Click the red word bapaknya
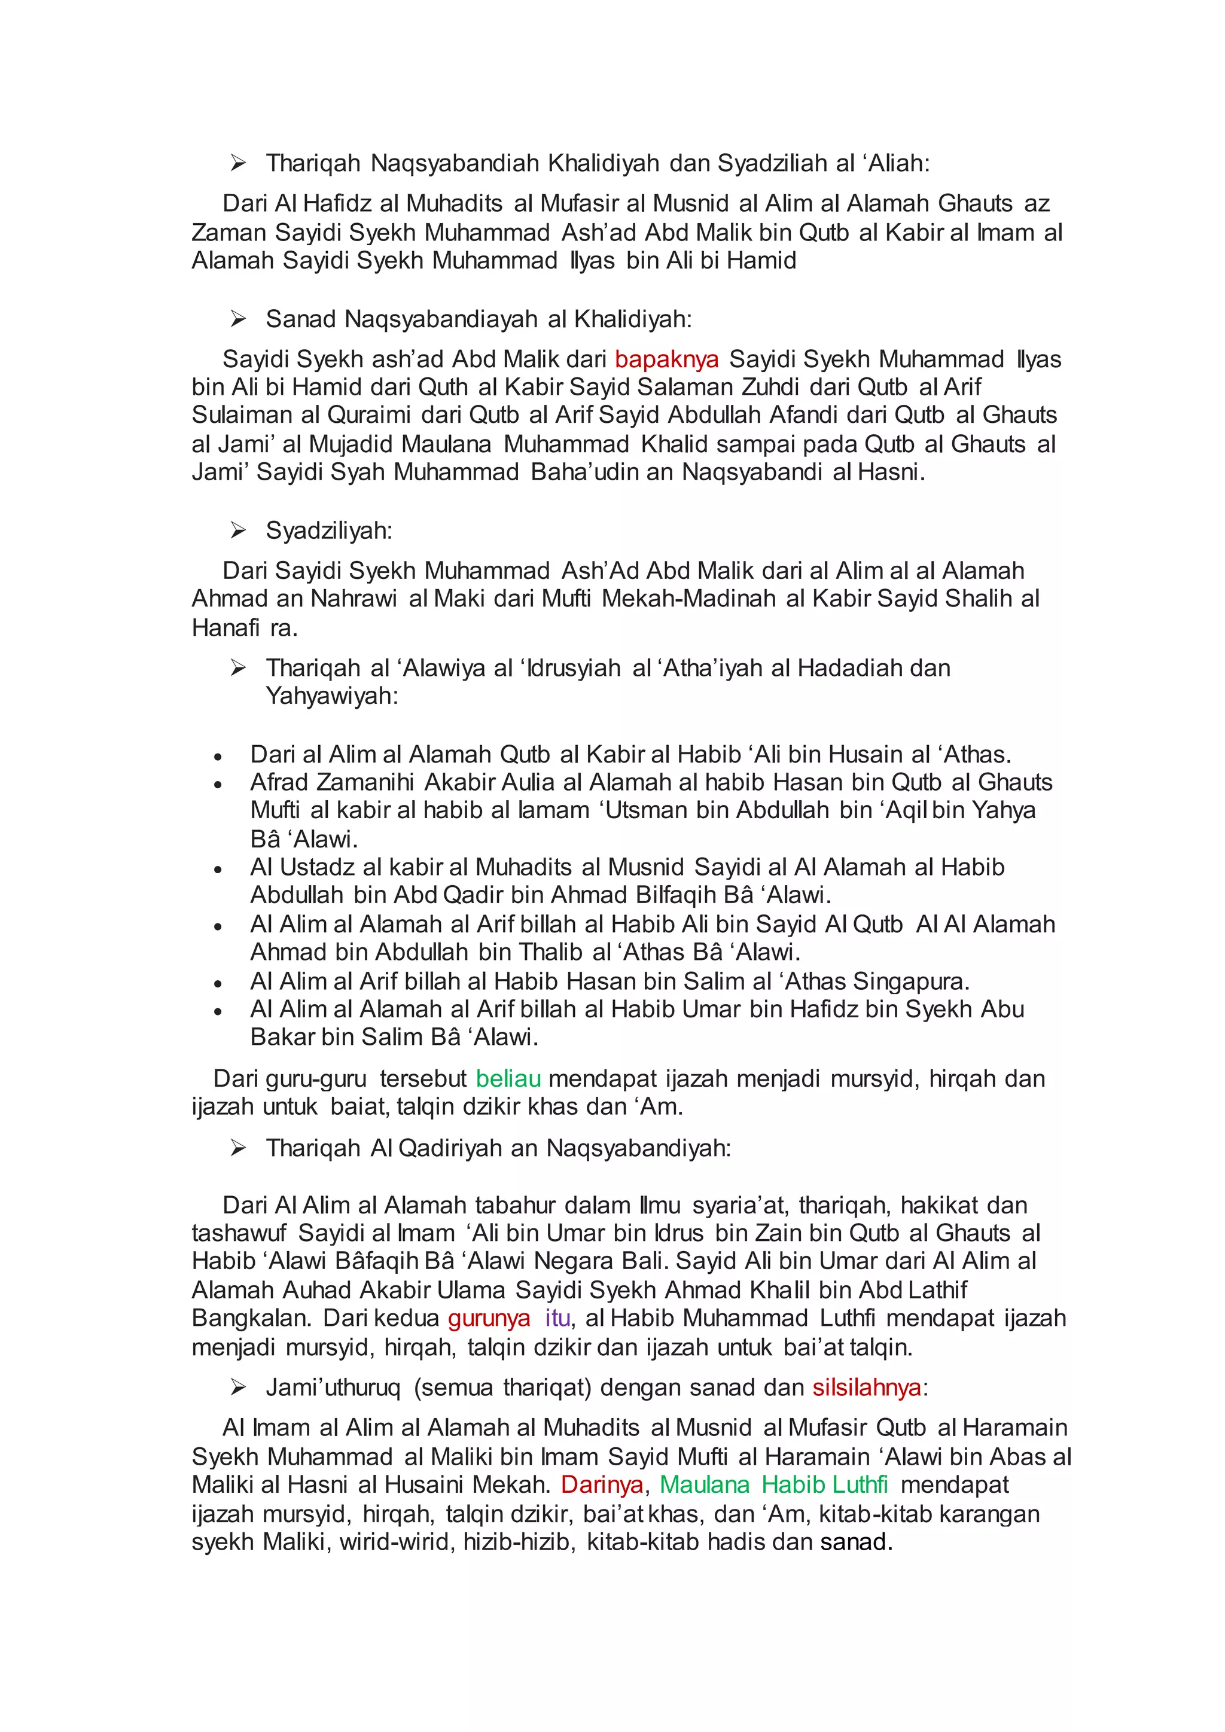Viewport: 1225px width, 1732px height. pyautogui.click(x=666, y=360)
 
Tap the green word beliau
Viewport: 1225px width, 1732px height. pyautogui.click(x=508, y=1079)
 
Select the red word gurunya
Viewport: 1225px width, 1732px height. pyautogui.click(x=489, y=1318)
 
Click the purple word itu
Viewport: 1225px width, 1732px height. pyautogui.click(x=557, y=1318)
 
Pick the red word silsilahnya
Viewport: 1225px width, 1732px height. pyautogui.click(x=867, y=1388)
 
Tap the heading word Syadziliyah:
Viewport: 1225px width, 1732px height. pyautogui.click(x=329, y=530)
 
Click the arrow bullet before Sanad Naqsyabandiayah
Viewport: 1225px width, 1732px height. pyautogui.click(x=239, y=319)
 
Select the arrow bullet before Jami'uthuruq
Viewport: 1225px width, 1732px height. pyautogui.click(x=239, y=1388)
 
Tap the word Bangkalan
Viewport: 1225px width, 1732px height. pyautogui.click(x=251, y=1318)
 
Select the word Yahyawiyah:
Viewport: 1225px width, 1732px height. pyautogui.click(x=332, y=696)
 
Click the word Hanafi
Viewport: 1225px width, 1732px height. pyautogui.click(x=226, y=627)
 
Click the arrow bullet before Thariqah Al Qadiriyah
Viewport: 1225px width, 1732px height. pyautogui.click(x=239, y=1148)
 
